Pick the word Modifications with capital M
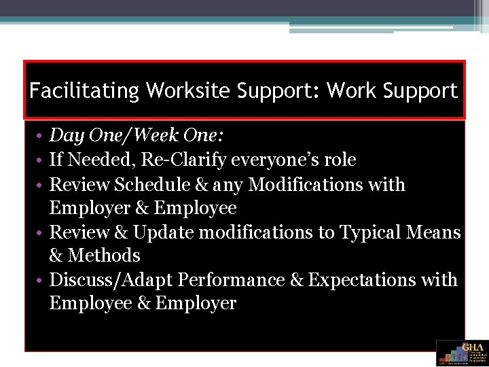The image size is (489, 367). pos(322,185)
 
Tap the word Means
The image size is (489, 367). pos(433,232)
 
